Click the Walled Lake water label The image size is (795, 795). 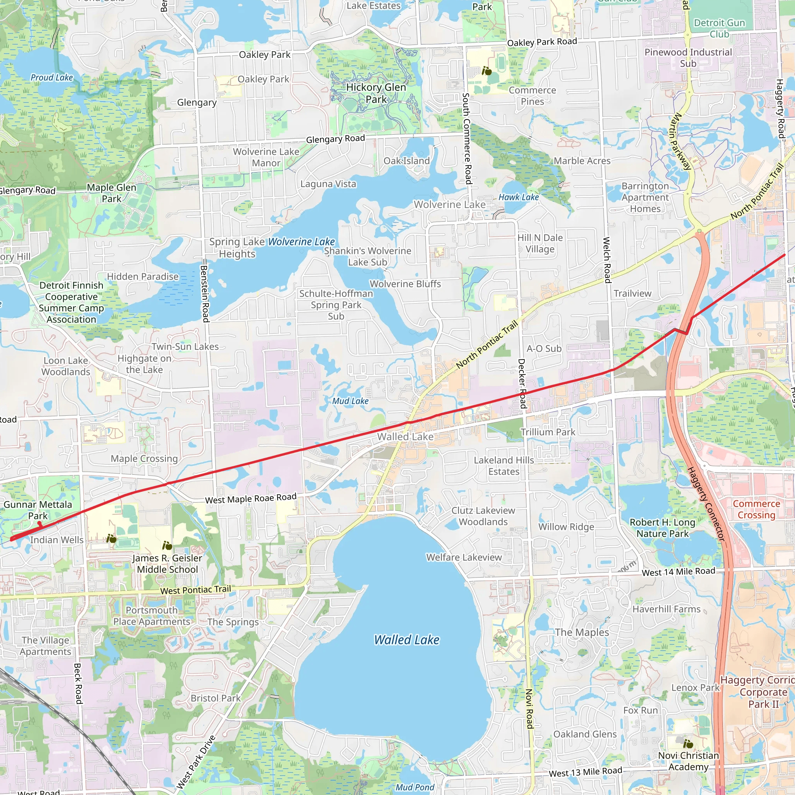tap(406, 639)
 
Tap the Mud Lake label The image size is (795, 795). tap(350, 401)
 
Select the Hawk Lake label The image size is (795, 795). tap(519, 197)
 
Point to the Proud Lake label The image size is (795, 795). tap(52, 77)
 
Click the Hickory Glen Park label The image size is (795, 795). tap(376, 93)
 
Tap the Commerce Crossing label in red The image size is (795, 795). tap(756, 509)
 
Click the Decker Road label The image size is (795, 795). tap(521, 384)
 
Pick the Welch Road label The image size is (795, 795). tap(607, 260)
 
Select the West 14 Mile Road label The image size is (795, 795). tap(678, 571)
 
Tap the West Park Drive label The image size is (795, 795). tap(196, 762)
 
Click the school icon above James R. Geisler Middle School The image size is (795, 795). tap(167, 546)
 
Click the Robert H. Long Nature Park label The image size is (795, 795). tap(663, 528)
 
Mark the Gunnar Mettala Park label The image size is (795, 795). tap(38, 510)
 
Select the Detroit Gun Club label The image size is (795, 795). tap(719, 28)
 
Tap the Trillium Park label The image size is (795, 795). tap(548, 432)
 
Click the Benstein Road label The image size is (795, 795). tap(205, 293)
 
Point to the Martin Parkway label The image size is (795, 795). tap(680, 142)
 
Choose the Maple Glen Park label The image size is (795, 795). tap(111, 193)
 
